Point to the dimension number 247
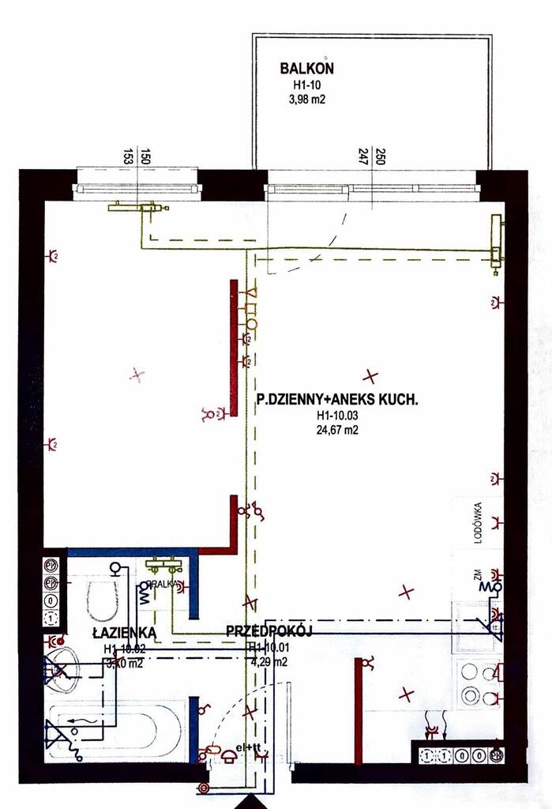point(362,156)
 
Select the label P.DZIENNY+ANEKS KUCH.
point(337,401)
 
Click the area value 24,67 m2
point(336,431)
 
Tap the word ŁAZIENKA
point(123,633)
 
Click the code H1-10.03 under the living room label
point(337,416)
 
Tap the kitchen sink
point(474,623)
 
